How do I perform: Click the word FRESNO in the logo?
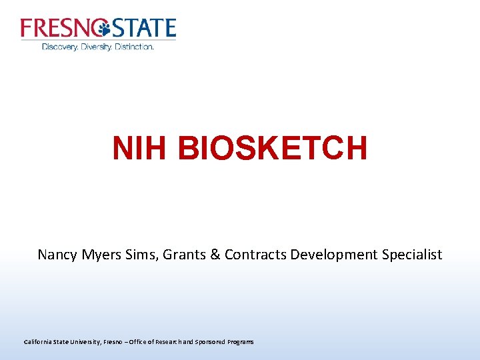(x=60, y=28)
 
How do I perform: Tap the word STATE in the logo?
(x=143, y=28)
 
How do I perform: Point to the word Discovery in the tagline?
(x=59, y=47)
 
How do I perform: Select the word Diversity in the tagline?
(x=96, y=47)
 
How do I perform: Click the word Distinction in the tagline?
(x=134, y=47)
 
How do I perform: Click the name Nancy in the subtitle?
(x=57, y=255)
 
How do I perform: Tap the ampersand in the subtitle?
(x=213, y=255)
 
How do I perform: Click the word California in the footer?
(x=39, y=342)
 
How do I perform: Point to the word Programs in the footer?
(x=240, y=342)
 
